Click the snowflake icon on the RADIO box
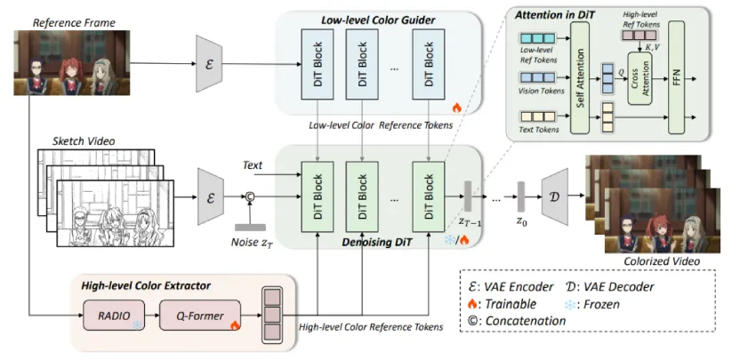tap(136, 326)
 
